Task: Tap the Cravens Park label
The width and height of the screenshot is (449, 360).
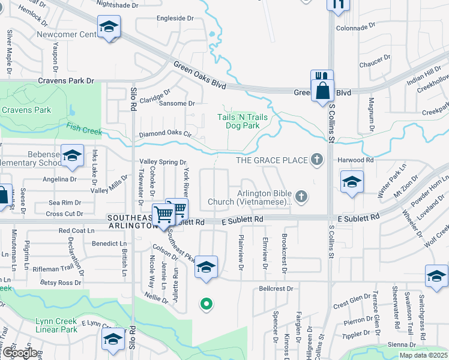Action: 26,110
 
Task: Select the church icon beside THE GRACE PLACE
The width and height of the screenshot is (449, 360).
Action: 317,160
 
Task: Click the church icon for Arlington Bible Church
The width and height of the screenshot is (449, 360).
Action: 302,196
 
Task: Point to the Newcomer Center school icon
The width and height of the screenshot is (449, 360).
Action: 109,27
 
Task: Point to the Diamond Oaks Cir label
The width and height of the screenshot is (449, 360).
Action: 164,134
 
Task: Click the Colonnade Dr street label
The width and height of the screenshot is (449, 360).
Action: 355,27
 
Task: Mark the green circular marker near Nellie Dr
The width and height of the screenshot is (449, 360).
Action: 206,304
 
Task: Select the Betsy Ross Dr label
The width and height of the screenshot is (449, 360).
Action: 60,282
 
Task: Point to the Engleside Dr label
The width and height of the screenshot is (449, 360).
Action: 175,19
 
